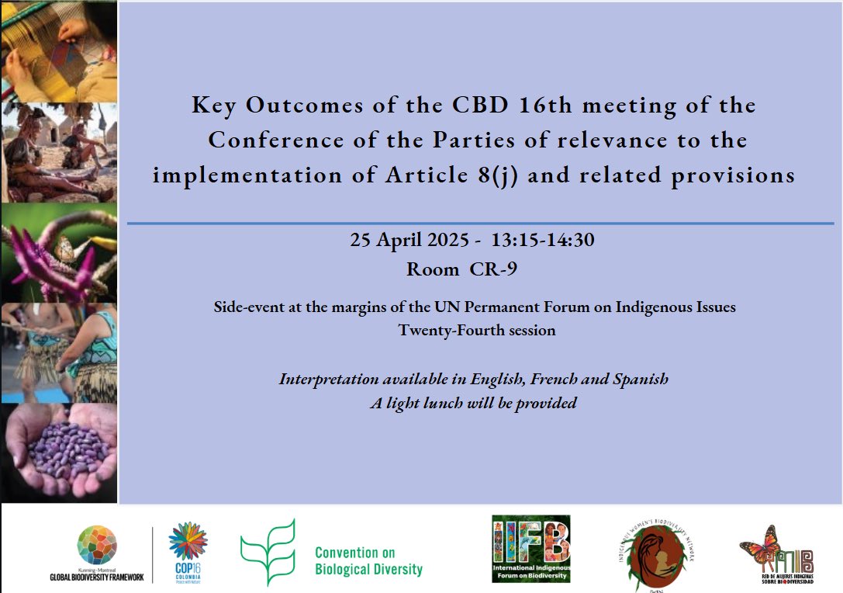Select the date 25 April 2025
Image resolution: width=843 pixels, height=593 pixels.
(410, 241)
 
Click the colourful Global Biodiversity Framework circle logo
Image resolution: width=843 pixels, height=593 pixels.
(96, 545)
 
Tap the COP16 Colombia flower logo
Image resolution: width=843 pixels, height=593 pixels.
(188, 543)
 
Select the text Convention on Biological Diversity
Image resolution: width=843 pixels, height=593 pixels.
(368, 561)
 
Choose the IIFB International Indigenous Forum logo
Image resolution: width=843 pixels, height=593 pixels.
(530, 549)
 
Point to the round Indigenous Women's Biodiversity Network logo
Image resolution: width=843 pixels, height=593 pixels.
(654, 553)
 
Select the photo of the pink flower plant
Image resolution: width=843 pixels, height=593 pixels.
(59, 252)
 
